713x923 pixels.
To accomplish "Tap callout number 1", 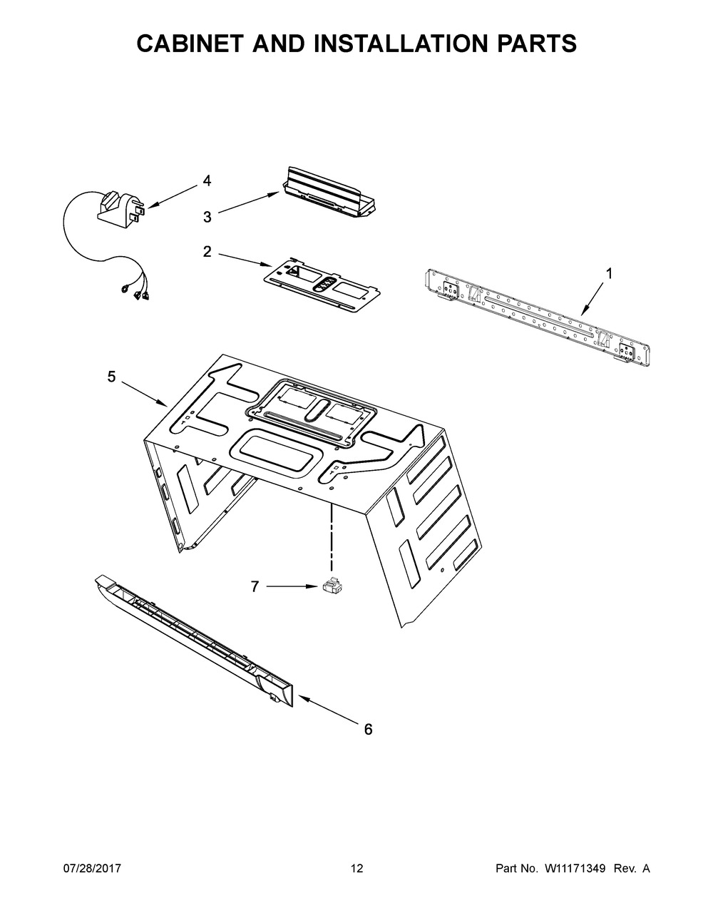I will [x=609, y=272].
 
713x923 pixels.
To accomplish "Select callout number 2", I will [x=207, y=251].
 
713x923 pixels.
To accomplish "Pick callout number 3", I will [x=207, y=218].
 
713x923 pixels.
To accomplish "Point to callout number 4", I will [x=207, y=181].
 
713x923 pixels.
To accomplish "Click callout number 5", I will [x=111, y=377].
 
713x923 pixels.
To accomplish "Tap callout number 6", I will [x=368, y=729].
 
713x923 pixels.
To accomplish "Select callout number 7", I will [x=255, y=586].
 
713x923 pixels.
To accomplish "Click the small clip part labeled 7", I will [x=332, y=586].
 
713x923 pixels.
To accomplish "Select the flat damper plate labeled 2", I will [x=319, y=286].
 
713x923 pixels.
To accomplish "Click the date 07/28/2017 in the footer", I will [x=92, y=869].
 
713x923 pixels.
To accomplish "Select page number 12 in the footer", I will [x=356, y=869].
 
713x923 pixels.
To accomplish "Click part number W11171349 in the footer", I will [x=575, y=869].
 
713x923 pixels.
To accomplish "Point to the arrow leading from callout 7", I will [x=292, y=586].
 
